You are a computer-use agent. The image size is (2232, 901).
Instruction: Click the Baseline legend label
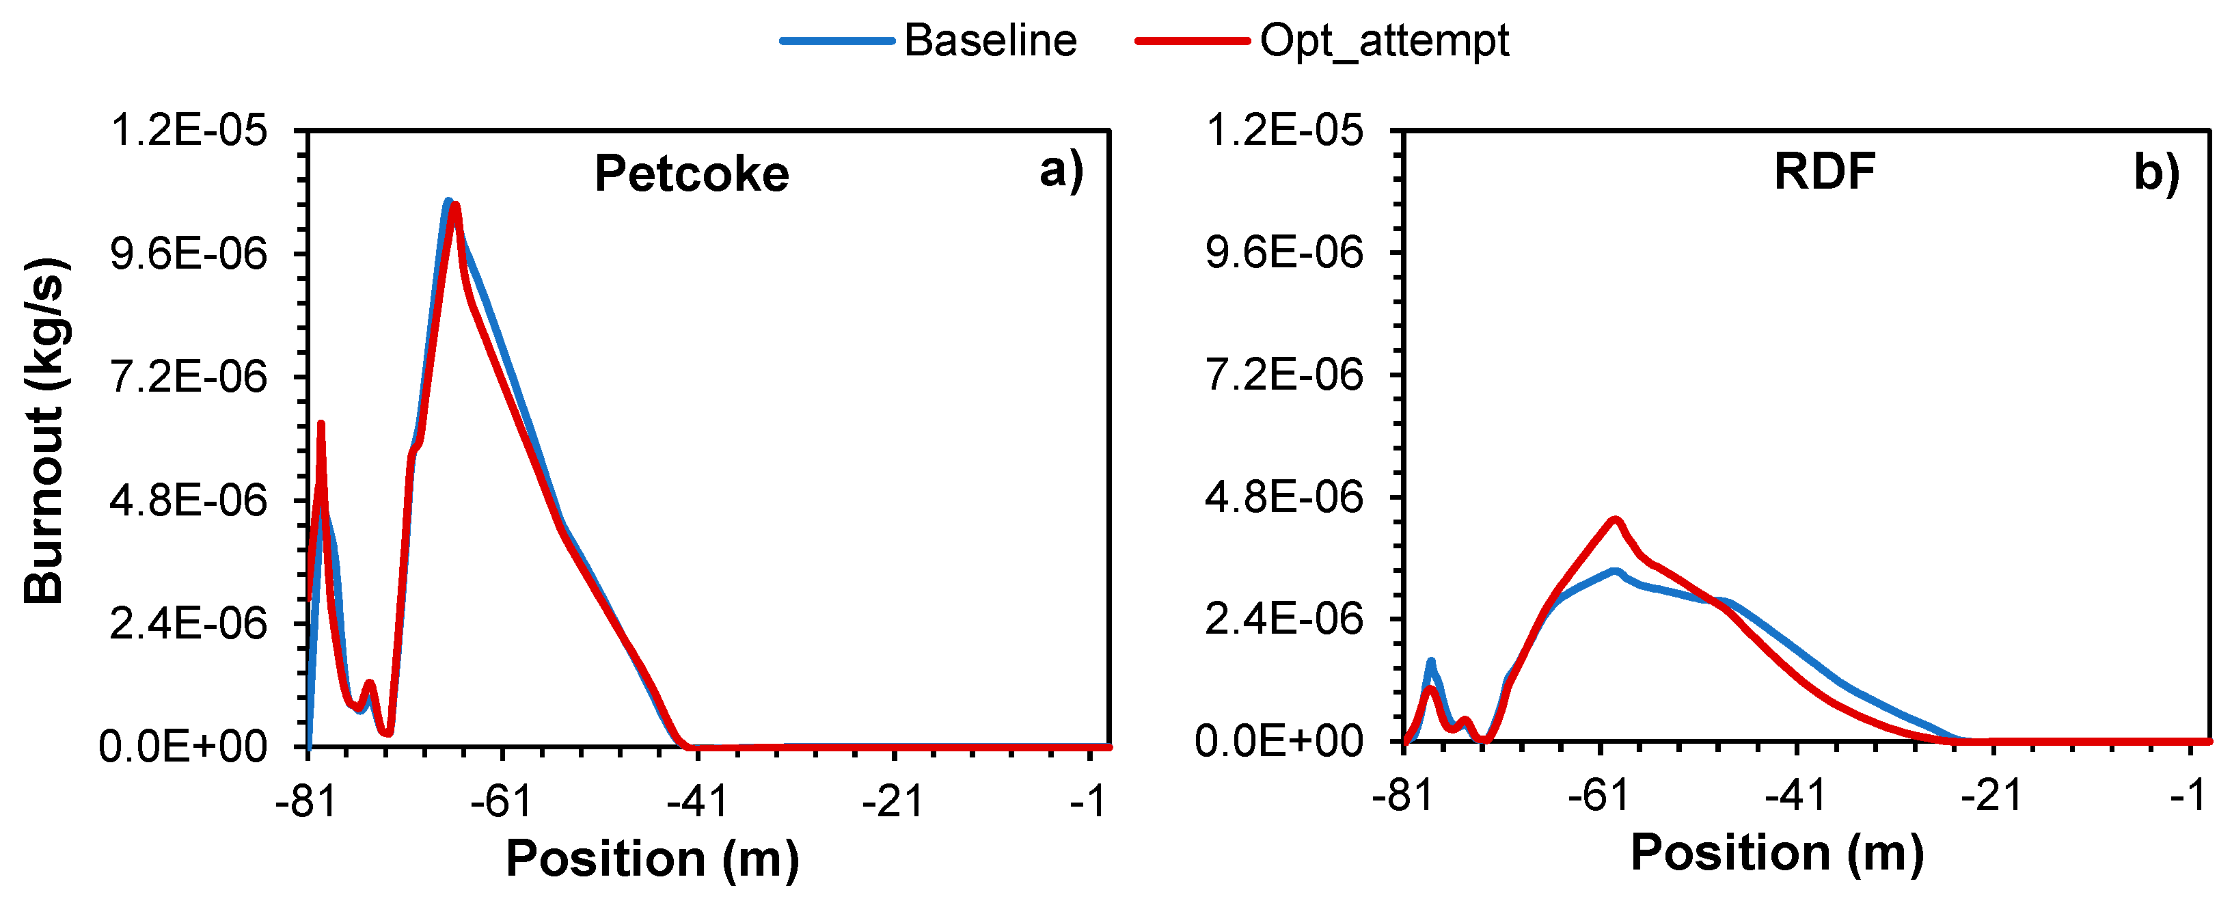coord(990,41)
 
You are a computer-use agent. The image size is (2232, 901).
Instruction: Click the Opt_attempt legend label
coord(1384,41)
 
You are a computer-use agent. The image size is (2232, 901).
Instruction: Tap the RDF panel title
coord(1824,172)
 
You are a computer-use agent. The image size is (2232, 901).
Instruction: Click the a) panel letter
coord(1061,171)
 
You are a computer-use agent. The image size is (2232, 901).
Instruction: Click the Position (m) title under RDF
coord(1776,852)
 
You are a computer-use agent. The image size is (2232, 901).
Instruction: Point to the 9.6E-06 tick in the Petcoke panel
coord(188,254)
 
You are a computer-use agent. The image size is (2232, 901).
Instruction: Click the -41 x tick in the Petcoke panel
coord(698,801)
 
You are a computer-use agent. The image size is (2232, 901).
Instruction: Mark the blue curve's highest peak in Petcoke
coord(448,202)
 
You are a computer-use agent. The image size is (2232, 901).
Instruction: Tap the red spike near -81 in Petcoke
coord(321,425)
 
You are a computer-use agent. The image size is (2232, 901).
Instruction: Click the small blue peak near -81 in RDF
coord(1430,662)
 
